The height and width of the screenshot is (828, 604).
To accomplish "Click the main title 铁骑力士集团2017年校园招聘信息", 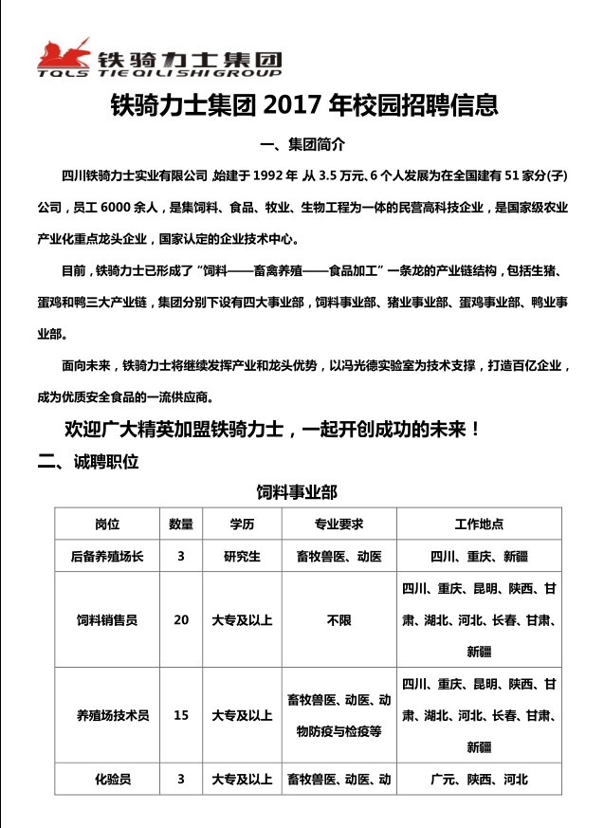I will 304,103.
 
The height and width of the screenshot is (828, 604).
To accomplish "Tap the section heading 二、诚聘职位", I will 89,462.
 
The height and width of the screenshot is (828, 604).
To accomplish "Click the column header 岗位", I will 107,524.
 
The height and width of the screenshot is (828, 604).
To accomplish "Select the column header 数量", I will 181,524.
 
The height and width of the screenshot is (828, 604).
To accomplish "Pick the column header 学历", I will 242,524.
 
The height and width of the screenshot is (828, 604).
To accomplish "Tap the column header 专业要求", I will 339,524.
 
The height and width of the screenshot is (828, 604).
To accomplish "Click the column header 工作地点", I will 479,524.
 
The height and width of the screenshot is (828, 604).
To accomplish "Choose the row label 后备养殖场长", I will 107,556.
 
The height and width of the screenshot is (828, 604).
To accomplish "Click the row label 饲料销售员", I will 107,620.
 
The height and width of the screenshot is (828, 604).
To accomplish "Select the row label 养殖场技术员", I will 107,715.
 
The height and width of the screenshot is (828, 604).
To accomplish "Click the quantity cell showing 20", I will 181,620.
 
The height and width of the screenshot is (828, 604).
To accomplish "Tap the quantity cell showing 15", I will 181,715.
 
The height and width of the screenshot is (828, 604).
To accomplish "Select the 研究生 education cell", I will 242,556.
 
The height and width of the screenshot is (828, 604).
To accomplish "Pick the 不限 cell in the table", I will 339,620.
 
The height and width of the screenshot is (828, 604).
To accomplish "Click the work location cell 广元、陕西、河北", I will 479,780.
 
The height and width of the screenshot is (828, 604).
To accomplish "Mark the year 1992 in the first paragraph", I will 271,176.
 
